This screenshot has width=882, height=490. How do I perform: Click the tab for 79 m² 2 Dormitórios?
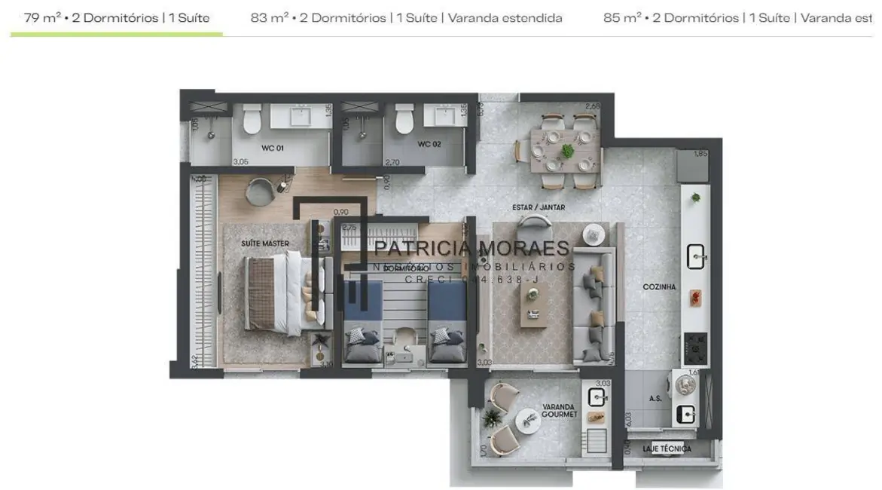117,17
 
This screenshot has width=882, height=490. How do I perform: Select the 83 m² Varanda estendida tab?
406,17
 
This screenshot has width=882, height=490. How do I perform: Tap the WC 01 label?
273,148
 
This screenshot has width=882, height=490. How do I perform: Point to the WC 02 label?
429,144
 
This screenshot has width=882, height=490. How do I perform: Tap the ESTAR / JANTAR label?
538,207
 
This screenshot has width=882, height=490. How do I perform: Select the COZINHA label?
659,287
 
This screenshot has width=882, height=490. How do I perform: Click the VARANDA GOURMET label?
559,411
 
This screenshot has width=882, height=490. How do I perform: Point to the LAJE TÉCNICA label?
667,449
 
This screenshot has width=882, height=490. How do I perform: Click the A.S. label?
655,398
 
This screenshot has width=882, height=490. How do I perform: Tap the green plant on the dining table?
567,151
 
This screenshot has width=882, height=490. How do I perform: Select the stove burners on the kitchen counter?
694,348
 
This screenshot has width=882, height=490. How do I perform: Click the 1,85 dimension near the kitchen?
700,154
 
